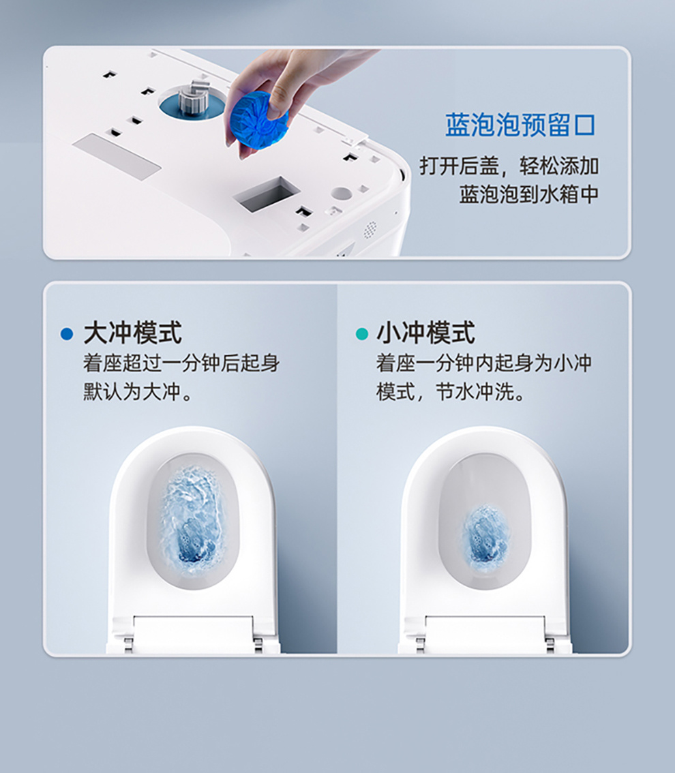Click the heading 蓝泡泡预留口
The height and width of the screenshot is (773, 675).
pos(520,125)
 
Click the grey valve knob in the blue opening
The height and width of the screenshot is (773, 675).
pos(193,99)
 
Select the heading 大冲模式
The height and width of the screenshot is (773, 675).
pos(132,333)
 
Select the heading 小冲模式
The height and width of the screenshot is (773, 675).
pos(425,333)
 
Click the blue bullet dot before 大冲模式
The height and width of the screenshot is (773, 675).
pos(66,334)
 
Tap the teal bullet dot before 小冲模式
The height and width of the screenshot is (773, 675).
pos(361,334)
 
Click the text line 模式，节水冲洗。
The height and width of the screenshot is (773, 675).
pos(451,392)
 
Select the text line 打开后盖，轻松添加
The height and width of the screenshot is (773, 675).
pos(509,166)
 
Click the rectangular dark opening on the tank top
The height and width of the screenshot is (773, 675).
pos(267,194)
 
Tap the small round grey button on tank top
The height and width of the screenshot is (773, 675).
pos(342,194)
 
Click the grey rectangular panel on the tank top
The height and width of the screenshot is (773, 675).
pos(117,156)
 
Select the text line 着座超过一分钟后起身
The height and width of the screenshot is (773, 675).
pos(181,363)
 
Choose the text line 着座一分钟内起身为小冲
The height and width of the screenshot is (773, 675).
pos(483,363)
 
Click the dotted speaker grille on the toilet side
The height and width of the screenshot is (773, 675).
pos(370,230)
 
